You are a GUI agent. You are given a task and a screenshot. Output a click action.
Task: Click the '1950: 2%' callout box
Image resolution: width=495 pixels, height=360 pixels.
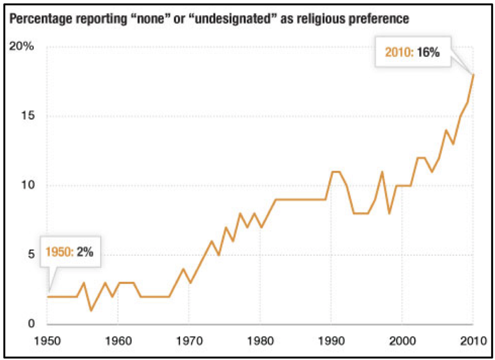pos(70,252)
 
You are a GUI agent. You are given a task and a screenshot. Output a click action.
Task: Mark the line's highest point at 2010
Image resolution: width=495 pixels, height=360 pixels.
pos(474,75)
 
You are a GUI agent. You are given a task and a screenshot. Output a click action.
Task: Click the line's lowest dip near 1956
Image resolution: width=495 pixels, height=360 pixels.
pos(91,310)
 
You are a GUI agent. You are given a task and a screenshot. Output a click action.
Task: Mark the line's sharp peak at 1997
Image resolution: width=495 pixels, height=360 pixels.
pos(382,172)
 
